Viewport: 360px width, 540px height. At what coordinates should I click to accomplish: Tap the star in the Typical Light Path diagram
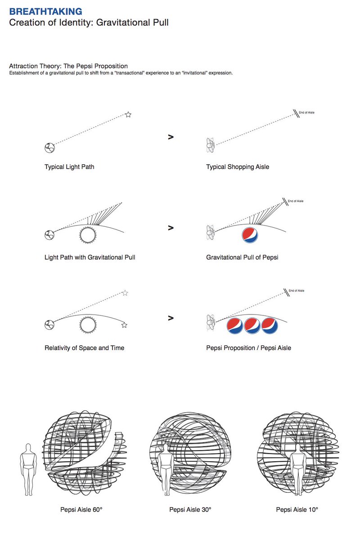[128, 115]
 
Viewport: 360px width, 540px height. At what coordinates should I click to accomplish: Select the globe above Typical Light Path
[49, 147]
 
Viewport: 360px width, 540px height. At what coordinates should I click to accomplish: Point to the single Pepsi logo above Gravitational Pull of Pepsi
[250, 235]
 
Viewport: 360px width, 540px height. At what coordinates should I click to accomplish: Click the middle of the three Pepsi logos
[252, 326]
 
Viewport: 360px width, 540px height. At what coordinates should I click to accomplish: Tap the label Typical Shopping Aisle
[238, 167]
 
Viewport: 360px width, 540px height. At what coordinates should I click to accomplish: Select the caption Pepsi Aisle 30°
[190, 510]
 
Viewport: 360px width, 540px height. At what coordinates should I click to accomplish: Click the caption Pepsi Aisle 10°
[297, 510]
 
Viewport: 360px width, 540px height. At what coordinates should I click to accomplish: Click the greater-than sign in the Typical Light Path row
[171, 137]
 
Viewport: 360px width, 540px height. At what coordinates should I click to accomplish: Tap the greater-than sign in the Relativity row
[171, 318]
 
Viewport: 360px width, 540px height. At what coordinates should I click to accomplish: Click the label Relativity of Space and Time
[85, 348]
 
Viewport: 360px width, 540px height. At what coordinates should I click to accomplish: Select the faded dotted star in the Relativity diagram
[125, 293]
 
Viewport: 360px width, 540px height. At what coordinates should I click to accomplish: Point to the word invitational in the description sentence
[191, 73]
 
